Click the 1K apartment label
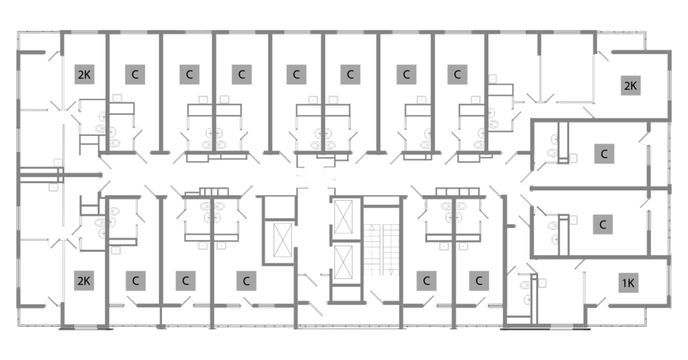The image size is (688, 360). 628,283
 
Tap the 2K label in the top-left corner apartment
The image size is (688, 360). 84,75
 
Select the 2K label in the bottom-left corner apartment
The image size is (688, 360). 84,281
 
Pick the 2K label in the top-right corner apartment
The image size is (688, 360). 630,85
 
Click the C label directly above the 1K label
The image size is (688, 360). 603,224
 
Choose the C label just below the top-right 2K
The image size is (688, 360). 604,154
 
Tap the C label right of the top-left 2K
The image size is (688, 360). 135,75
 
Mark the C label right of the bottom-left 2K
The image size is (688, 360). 136,281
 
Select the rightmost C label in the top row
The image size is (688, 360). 457,75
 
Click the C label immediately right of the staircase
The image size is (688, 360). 426,281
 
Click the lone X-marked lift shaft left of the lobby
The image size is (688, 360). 282,239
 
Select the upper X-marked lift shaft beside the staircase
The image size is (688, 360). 343,217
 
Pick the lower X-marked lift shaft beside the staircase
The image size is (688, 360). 343,262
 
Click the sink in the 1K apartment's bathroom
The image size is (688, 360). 526,299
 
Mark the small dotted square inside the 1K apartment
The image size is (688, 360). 542,283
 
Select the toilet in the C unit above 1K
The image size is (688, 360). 552,226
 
